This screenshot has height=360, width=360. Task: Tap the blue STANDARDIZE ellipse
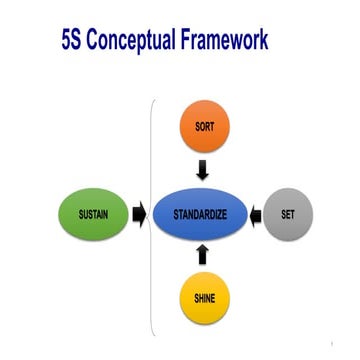coord(199,214)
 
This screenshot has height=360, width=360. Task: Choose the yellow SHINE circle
coord(203,298)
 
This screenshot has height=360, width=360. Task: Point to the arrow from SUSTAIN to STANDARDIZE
coord(138,213)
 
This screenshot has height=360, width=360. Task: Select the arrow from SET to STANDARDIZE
coord(256,213)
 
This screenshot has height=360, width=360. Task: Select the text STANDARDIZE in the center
coord(199,214)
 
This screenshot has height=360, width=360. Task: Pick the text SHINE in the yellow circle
coord(203,298)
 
